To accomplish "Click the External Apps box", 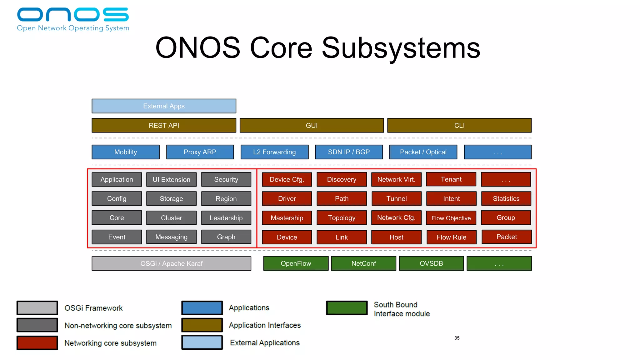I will pos(164,106).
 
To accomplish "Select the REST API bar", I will pos(164,125).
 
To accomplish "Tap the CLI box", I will pos(459,125).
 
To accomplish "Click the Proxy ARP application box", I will pos(200,152).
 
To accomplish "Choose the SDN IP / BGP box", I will pos(349,152).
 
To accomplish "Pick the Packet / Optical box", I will pos(423,152).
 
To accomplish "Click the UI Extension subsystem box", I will pos(171,179).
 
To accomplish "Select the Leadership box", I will pos(226,218).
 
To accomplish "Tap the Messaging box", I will pos(171,237).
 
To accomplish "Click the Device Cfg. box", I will pos(287,179).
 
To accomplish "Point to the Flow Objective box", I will pos(451,218).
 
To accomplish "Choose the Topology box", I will pos(342,218).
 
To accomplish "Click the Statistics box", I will pos(506,198).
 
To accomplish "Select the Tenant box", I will pos(451,179).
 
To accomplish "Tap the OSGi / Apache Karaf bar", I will pos(171,263).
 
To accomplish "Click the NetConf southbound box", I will pos(363,263).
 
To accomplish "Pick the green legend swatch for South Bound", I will pos(347,308).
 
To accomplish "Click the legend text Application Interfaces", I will pos(265,325).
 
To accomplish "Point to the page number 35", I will pos(457,338).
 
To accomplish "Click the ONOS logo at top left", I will pos(73,19).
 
